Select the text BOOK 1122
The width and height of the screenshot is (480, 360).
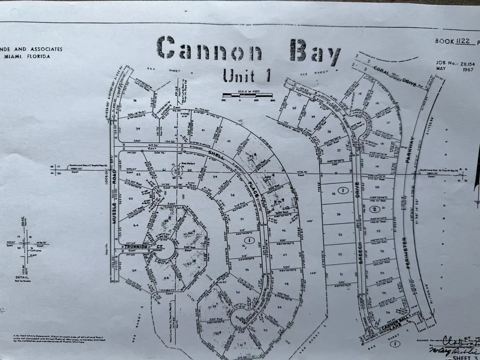point(452,41)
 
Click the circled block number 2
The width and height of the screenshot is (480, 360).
point(374,209)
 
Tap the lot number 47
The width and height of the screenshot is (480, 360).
point(284,255)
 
